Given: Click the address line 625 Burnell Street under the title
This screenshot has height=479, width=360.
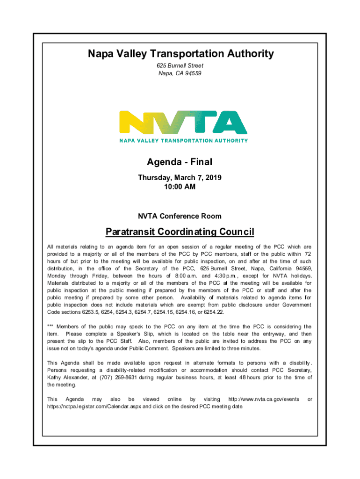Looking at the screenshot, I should [180, 66].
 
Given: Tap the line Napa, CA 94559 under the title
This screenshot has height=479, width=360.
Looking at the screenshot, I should [180, 73].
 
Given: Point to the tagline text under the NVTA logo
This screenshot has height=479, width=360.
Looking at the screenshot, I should [183, 140].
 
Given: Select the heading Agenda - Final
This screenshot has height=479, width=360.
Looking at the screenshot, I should [180, 162].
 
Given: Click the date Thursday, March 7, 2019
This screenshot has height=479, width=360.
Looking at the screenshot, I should [180, 178].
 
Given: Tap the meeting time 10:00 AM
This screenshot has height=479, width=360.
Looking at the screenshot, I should [180, 187].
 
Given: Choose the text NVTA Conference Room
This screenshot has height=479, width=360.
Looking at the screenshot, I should [180, 217].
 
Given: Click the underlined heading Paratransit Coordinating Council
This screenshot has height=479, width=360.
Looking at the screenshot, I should [180, 232].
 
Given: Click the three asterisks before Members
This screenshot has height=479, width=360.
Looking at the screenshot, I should [50, 327].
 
